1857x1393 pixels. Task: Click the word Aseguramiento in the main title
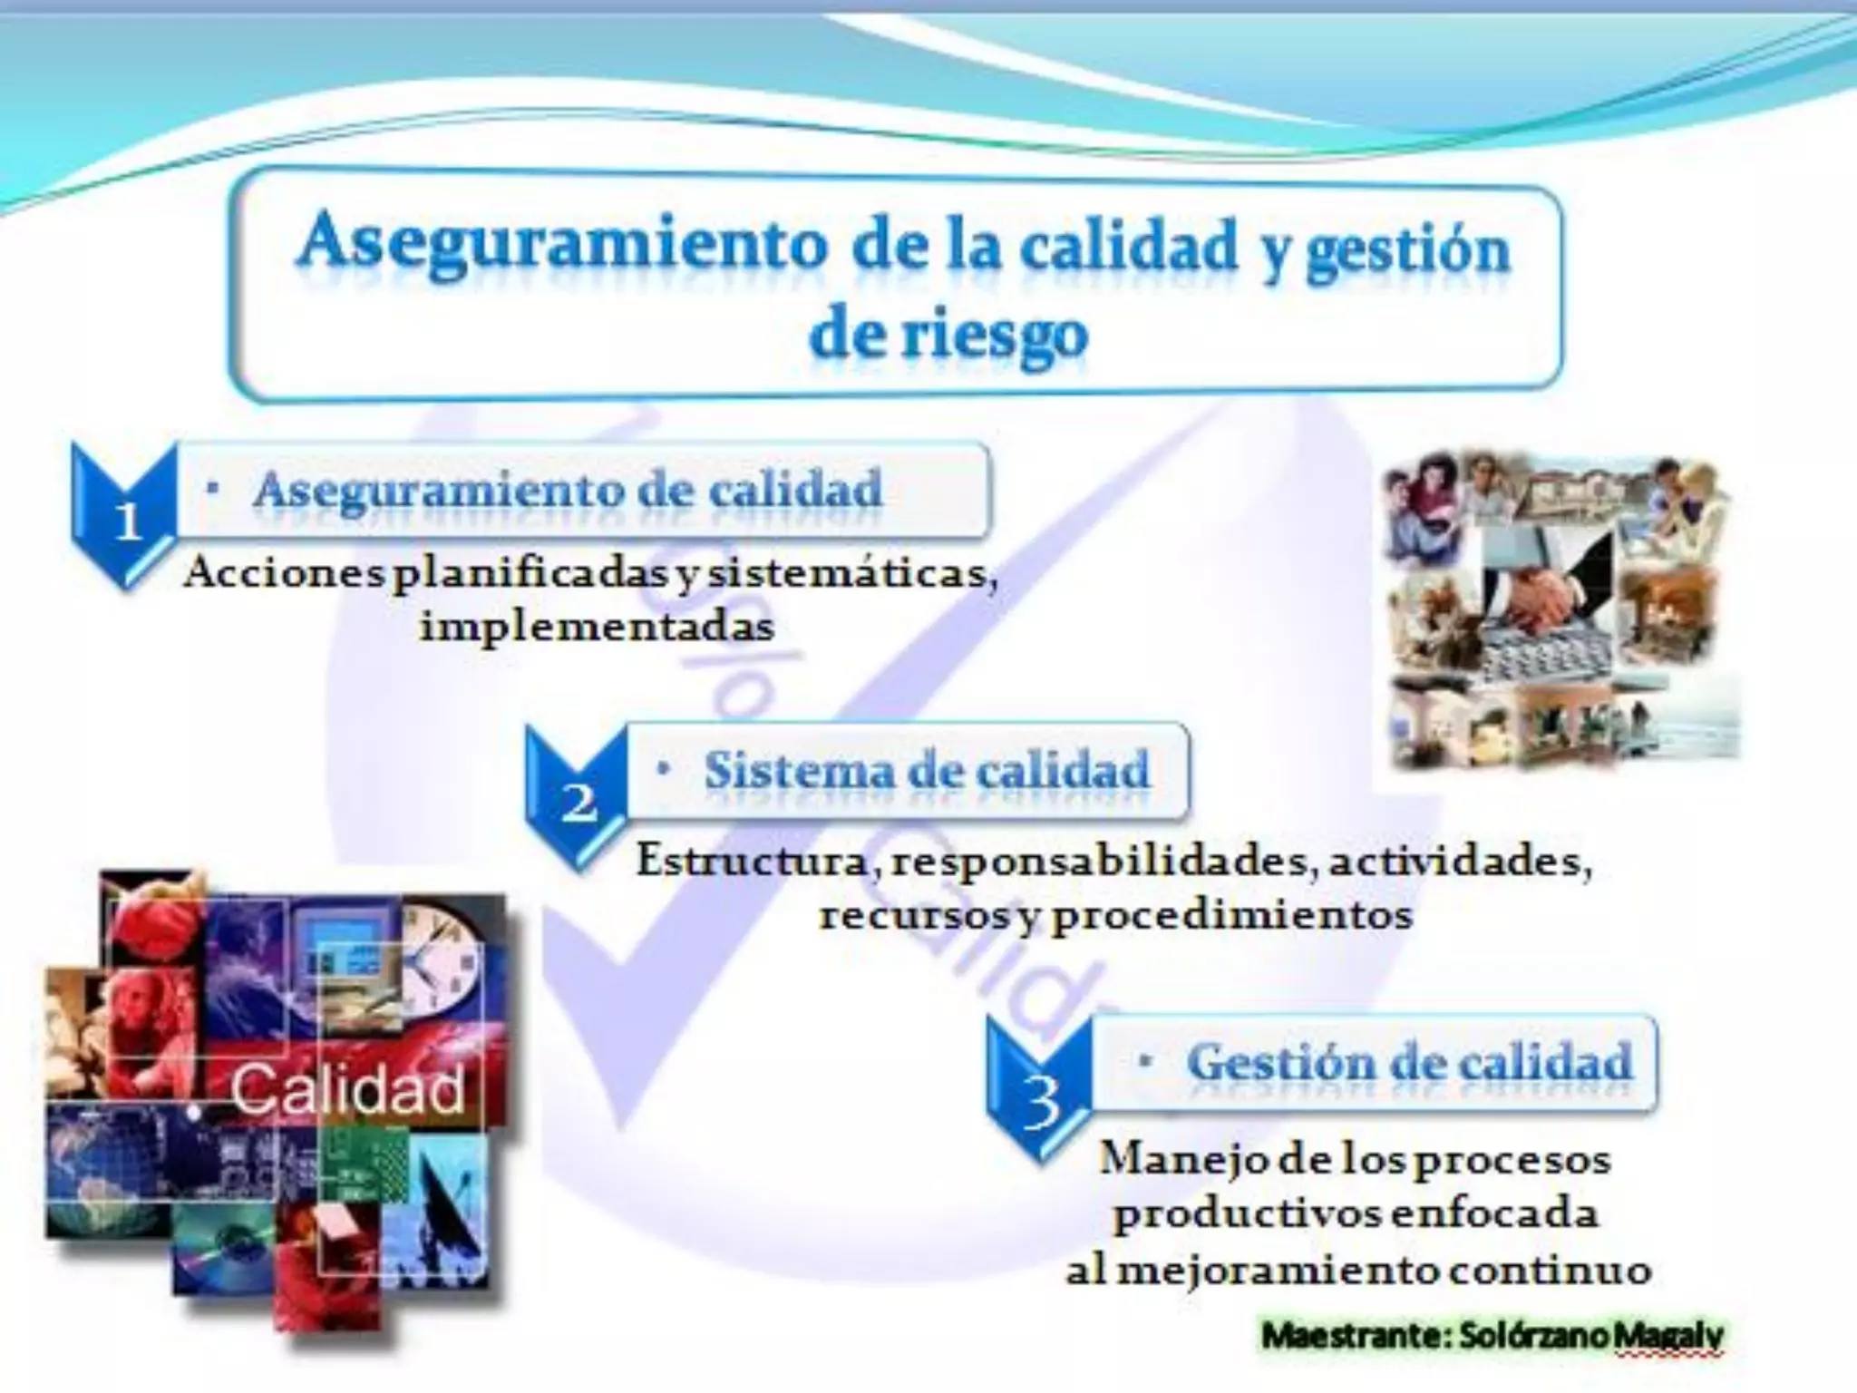coord(562,242)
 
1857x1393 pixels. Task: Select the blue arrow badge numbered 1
coord(126,518)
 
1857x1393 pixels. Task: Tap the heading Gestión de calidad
coord(1409,1062)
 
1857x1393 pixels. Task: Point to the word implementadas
coord(598,627)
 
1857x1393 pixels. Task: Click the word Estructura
coord(753,861)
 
